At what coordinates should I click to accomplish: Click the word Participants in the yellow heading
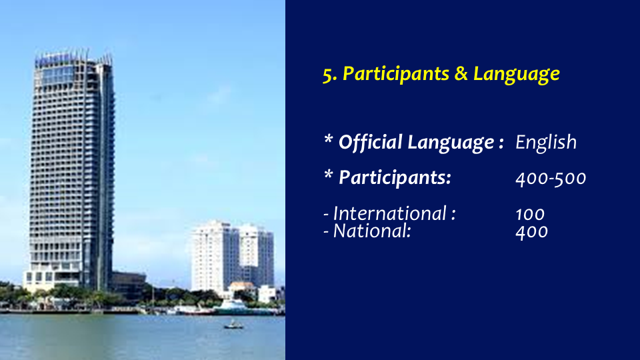pyautogui.click(x=395, y=74)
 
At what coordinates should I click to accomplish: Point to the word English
pyautogui.click(x=546, y=143)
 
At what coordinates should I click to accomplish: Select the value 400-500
pyautogui.click(x=551, y=179)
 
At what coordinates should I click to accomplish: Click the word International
pyautogui.click(x=390, y=213)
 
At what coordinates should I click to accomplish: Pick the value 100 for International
pyautogui.click(x=530, y=214)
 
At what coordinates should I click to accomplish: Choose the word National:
pyautogui.click(x=372, y=231)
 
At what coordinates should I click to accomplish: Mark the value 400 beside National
pyautogui.click(x=531, y=232)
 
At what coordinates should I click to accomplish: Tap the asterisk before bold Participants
pyautogui.click(x=328, y=175)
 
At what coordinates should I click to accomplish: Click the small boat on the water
pyautogui.click(x=233, y=325)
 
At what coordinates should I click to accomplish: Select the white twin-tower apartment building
pyautogui.click(x=232, y=258)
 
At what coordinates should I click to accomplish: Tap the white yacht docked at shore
pyautogui.click(x=232, y=306)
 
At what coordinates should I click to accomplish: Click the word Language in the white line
pyautogui.click(x=451, y=143)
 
